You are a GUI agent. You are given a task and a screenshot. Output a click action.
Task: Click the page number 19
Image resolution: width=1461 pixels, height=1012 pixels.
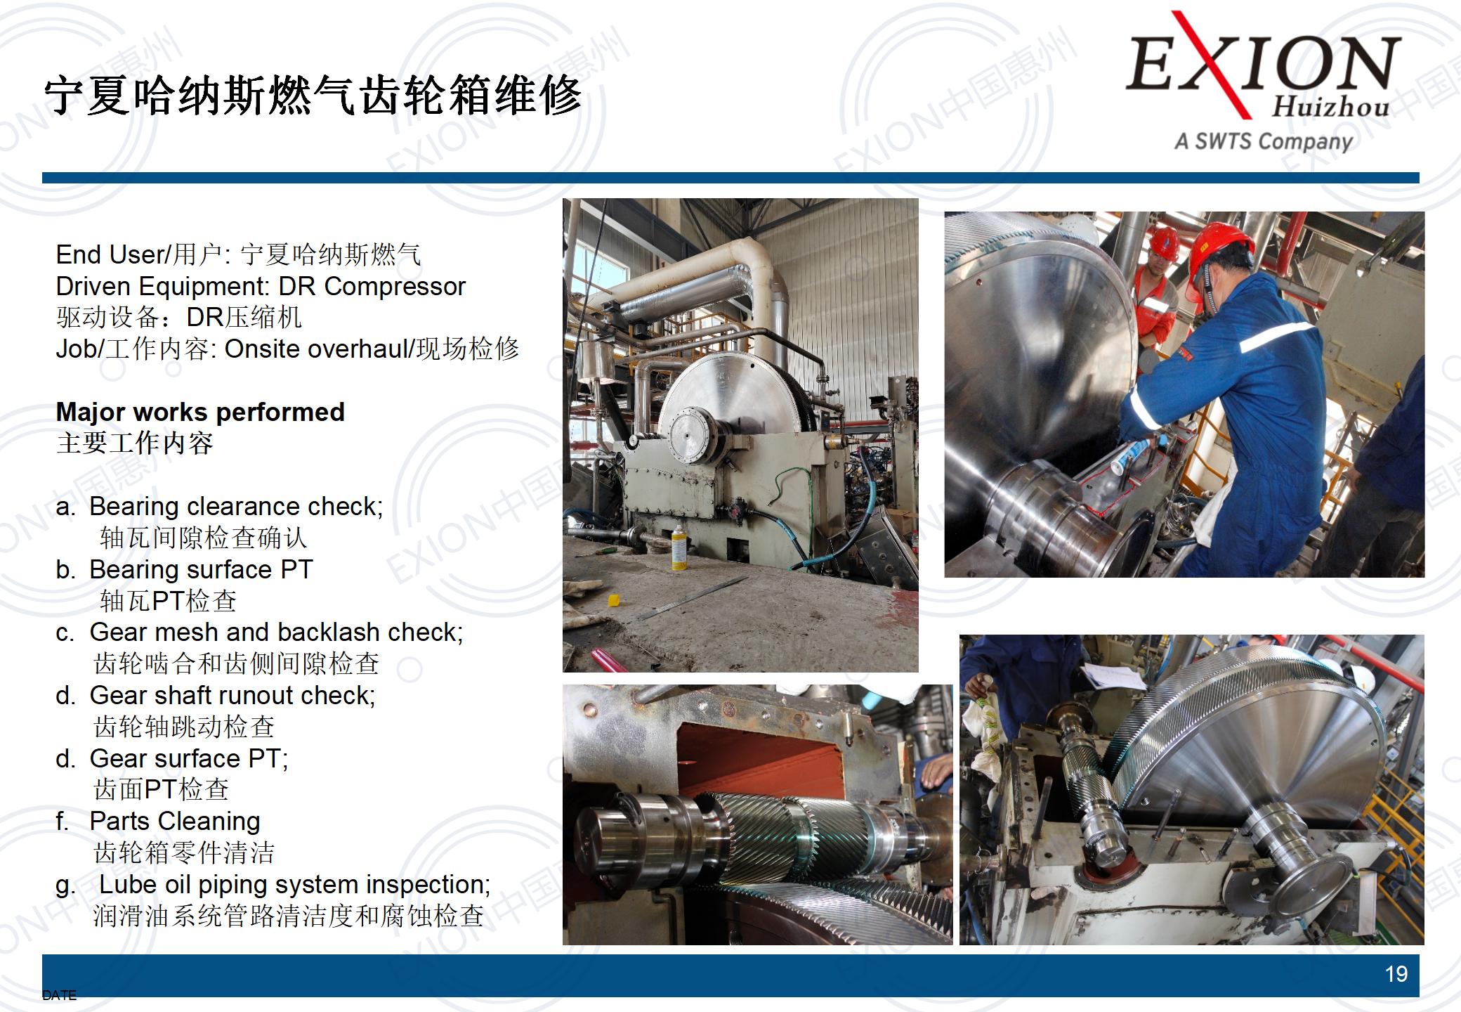coord(1396,974)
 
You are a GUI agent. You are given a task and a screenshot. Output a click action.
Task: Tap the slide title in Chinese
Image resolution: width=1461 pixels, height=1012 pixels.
coord(313,96)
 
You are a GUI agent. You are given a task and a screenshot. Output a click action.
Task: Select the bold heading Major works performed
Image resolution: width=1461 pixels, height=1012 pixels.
coord(200,412)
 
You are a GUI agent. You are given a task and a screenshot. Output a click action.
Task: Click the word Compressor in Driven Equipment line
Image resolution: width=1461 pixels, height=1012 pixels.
coord(395,287)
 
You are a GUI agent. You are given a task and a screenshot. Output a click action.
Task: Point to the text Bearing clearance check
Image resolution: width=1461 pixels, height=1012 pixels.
coord(236,507)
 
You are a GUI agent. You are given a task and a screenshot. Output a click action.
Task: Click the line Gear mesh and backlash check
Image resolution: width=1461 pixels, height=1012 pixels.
coord(276,632)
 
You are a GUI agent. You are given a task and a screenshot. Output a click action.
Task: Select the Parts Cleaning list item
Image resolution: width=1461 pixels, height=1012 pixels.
coord(175,821)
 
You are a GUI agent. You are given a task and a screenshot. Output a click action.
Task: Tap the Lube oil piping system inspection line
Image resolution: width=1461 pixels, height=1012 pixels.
coord(295,884)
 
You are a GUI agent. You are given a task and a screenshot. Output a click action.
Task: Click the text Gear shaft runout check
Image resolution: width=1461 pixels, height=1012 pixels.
coord(232,696)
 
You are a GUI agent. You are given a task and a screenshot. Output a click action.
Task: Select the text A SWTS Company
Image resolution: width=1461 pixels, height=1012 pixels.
coord(1264,141)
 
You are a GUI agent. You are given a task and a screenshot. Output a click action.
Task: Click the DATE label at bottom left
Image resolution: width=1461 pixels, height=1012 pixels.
coord(59,995)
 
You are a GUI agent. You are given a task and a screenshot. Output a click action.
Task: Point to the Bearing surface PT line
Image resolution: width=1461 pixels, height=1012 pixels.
coord(201,569)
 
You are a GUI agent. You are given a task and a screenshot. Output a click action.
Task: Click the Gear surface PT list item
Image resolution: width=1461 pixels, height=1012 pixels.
coord(189,758)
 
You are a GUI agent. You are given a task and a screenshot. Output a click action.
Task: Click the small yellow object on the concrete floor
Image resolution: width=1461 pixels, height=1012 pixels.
coord(613,599)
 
